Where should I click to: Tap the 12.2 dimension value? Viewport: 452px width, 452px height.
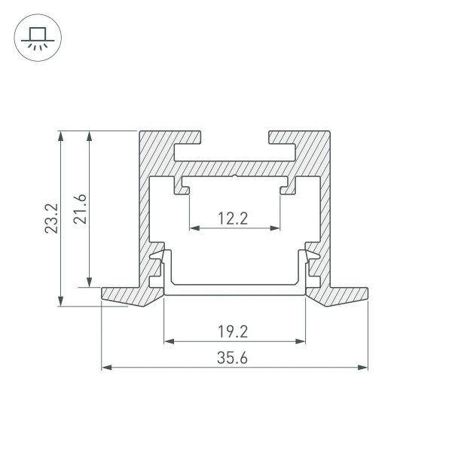click(x=234, y=218)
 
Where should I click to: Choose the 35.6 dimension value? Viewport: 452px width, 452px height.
click(x=234, y=359)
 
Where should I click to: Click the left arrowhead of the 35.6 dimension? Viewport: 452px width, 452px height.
click(x=105, y=368)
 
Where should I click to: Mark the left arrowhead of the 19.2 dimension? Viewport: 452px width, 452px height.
click(x=168, y=341)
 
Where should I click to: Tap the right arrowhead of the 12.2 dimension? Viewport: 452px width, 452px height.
click(x=277, y=228)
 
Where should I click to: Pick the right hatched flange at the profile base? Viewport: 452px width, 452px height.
click(x=343, y=296)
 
